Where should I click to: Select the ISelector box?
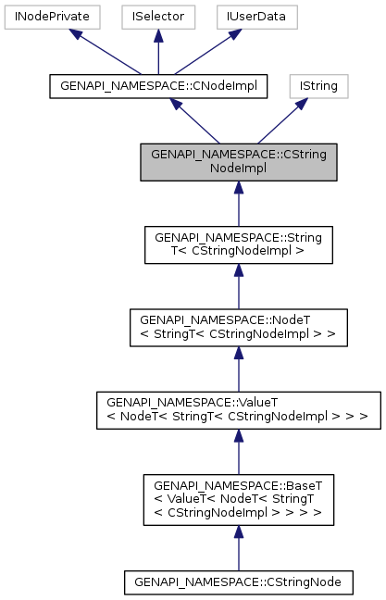tap(158, 17)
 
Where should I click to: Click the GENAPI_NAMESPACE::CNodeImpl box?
tap(158, 86)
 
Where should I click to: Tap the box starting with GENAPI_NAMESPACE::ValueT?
tap(238, 409)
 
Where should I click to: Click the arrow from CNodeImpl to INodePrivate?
tap(102, 52)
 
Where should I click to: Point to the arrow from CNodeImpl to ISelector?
tap(158, 52)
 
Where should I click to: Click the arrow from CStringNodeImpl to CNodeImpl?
tap(199, 121)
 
